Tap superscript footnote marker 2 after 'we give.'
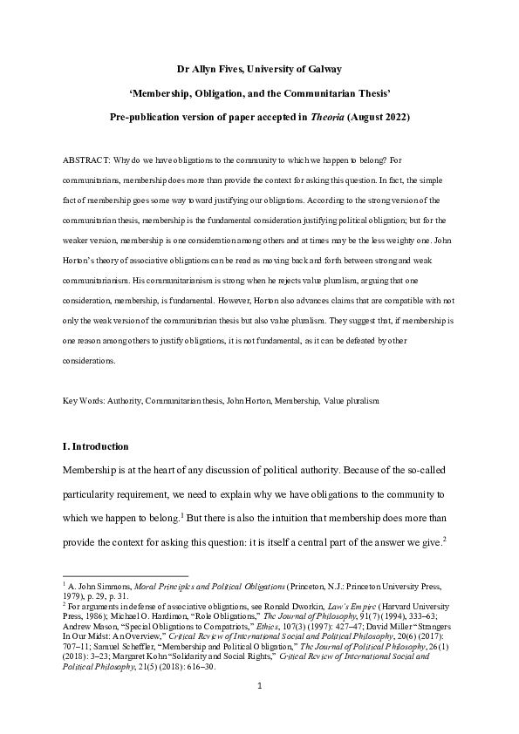pyautogui.click(x=445, y=537)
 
